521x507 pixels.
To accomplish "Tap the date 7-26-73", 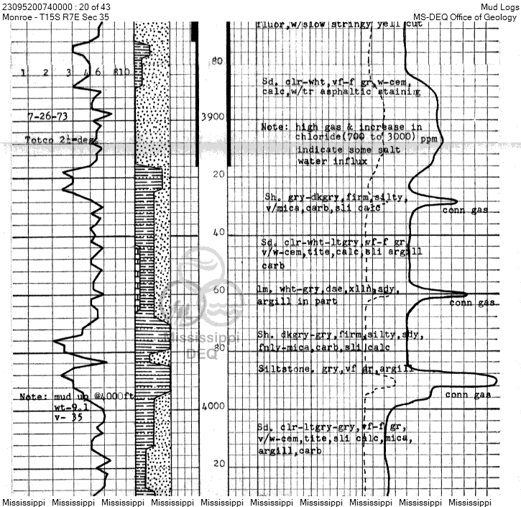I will (x=45, y=116).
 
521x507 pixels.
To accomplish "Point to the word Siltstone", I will (x=282, y=368).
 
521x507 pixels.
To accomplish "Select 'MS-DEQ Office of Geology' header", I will (x=466, y=17).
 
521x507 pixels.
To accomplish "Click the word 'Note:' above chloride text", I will (x=275, y=126).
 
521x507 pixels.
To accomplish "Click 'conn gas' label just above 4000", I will (x=468, y=395).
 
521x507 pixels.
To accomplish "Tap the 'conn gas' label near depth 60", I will (x=471, y=303).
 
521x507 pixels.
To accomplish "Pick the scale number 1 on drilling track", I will (x=24, y=72).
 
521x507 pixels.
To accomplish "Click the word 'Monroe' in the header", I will (x=17, y=17).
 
